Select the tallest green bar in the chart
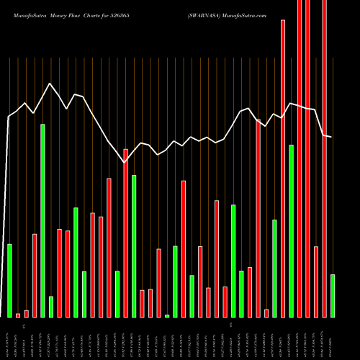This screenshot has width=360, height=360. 42,220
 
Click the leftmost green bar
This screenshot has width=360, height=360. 9,280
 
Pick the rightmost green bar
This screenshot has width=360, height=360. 332,295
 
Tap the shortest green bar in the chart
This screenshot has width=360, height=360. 167,315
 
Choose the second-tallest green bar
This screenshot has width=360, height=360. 291,230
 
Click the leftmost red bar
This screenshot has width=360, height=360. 18,315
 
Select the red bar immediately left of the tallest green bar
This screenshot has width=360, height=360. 35,275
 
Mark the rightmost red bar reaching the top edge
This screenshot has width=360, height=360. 324,158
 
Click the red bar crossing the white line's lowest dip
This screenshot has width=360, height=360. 125,233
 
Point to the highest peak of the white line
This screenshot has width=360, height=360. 50,84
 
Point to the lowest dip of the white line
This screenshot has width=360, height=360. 125,163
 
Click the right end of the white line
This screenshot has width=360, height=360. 332,137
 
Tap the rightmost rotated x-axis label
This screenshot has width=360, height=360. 332,338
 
